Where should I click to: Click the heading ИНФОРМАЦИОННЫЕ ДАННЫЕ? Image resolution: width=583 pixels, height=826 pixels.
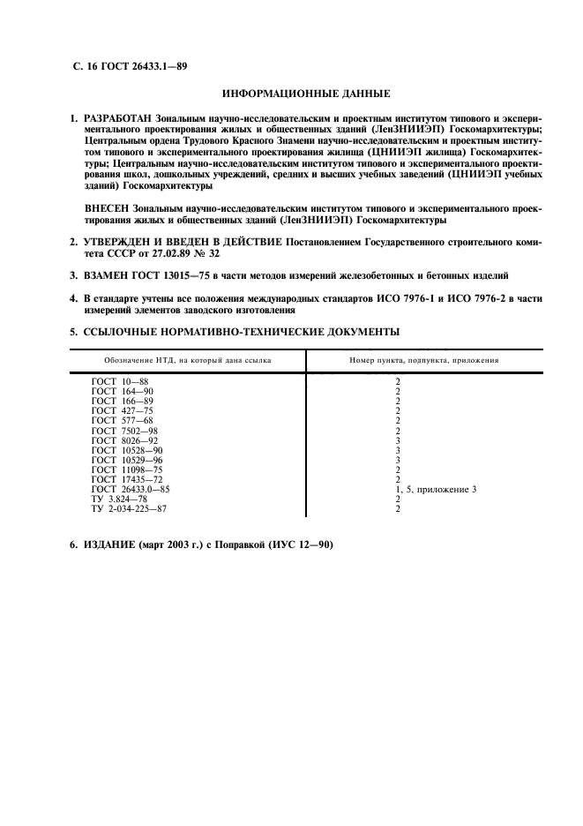(305, 93)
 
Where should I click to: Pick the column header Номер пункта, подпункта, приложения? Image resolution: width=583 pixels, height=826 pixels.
(423, 360)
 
